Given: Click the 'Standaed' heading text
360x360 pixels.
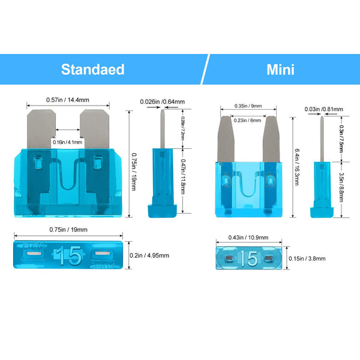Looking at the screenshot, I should point(92,69).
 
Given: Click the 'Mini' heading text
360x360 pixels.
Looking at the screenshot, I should point(280,69).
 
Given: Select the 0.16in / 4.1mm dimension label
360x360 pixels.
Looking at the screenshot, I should point(67,142).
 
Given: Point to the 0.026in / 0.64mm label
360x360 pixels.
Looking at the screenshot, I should point(162,101).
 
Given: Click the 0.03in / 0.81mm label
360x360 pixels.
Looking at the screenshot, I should point(323,109).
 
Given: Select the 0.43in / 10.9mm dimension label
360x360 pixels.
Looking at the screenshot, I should point(247,236).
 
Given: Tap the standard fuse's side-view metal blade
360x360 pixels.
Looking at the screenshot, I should point(163,129).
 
